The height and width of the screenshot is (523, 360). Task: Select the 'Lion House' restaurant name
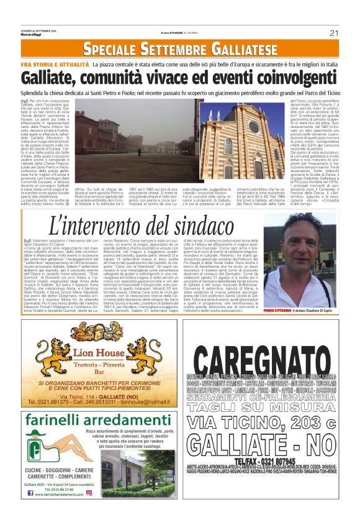96,352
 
